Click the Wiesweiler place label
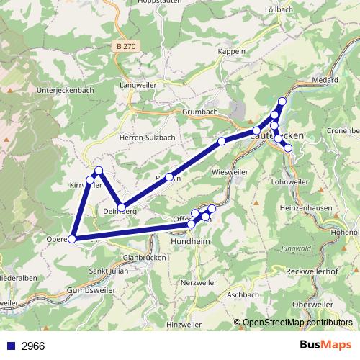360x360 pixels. point(230,173)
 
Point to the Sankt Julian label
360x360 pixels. point(108,271)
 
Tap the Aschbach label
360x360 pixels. point(242,295)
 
